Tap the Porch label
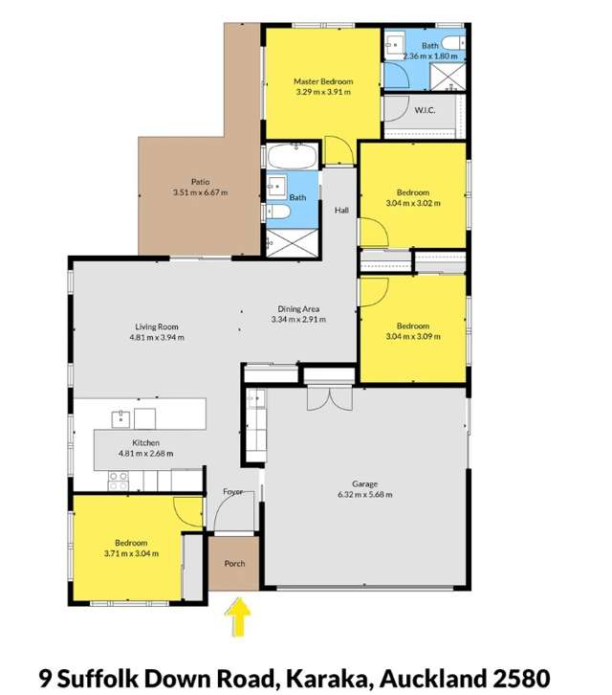(x=234, y=563)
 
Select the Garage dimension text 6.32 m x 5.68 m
(x=364, y=495)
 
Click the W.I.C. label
(x=426, y=110)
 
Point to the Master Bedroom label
(x=323, y=82)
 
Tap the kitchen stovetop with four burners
(x=120, y=482)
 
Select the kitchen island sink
(x=121, y=417)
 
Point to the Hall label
(x=341, y=210)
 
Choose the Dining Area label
(x=298, y=308)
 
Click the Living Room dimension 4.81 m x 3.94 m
(x=157, y=337)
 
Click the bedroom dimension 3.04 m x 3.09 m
(x=413, y=336)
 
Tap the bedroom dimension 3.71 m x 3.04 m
(x=131, y=553)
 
